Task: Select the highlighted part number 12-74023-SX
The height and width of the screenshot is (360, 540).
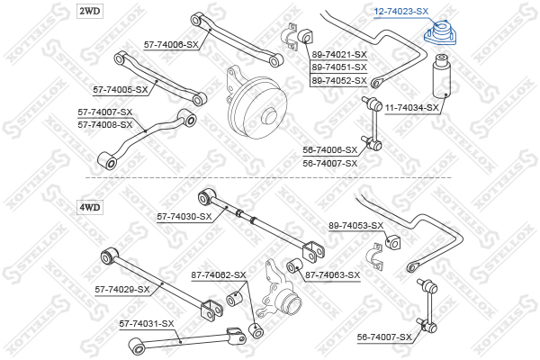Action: coord(401,11)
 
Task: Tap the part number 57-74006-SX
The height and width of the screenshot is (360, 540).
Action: coord(172,43)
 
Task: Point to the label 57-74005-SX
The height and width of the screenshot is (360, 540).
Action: coord(120,90)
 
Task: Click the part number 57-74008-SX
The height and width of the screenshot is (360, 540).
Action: coord(104,123)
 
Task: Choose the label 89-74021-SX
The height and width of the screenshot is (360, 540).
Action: coord(339,55)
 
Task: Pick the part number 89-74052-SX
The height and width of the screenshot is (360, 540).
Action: coord(339,80)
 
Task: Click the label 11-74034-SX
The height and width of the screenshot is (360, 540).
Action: coord(412,108)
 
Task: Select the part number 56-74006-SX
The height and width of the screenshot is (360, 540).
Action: coord(329,150)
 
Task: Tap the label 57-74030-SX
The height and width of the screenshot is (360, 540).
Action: coord(184,216)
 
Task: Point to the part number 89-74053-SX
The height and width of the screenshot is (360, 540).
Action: coord(355,225)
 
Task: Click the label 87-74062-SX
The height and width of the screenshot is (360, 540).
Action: coord(218,274)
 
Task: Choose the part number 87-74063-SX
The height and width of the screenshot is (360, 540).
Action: coord(332,274)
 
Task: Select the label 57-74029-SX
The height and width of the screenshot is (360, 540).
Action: coord(121,289)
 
